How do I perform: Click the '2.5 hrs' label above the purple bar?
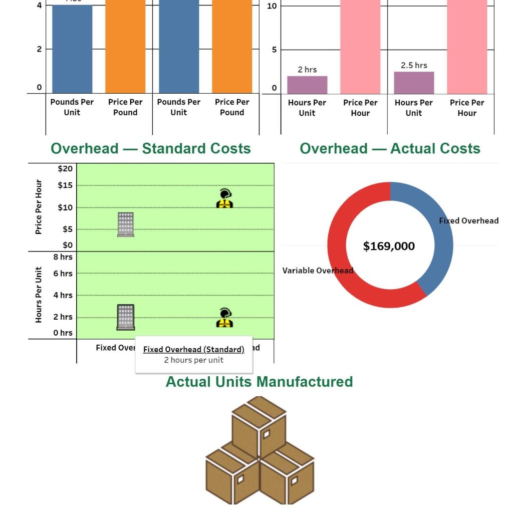coord(414,66)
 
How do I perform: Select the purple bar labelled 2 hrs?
coord(307,85)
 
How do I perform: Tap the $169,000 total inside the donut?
coord(389,246)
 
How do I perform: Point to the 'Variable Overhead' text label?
coord(318,271)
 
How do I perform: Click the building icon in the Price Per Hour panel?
coord(126,224)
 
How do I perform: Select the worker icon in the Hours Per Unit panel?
coord(224,318)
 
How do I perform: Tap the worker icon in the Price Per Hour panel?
coord(224,198)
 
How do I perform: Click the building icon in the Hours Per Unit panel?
coord(126,317)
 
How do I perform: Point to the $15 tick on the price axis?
coord(65,185)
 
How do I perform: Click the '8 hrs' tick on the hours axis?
coord(63,257)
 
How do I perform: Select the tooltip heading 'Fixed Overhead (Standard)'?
coord(193,349)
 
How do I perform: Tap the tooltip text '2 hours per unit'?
coord(193,360)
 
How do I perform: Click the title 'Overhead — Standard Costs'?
coord(151,149)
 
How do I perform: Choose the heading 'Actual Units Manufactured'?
coord(259,382)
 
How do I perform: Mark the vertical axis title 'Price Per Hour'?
coord(39,207)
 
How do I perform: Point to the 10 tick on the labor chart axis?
coord(272,6)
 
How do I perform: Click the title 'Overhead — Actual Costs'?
coord(390,149)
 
